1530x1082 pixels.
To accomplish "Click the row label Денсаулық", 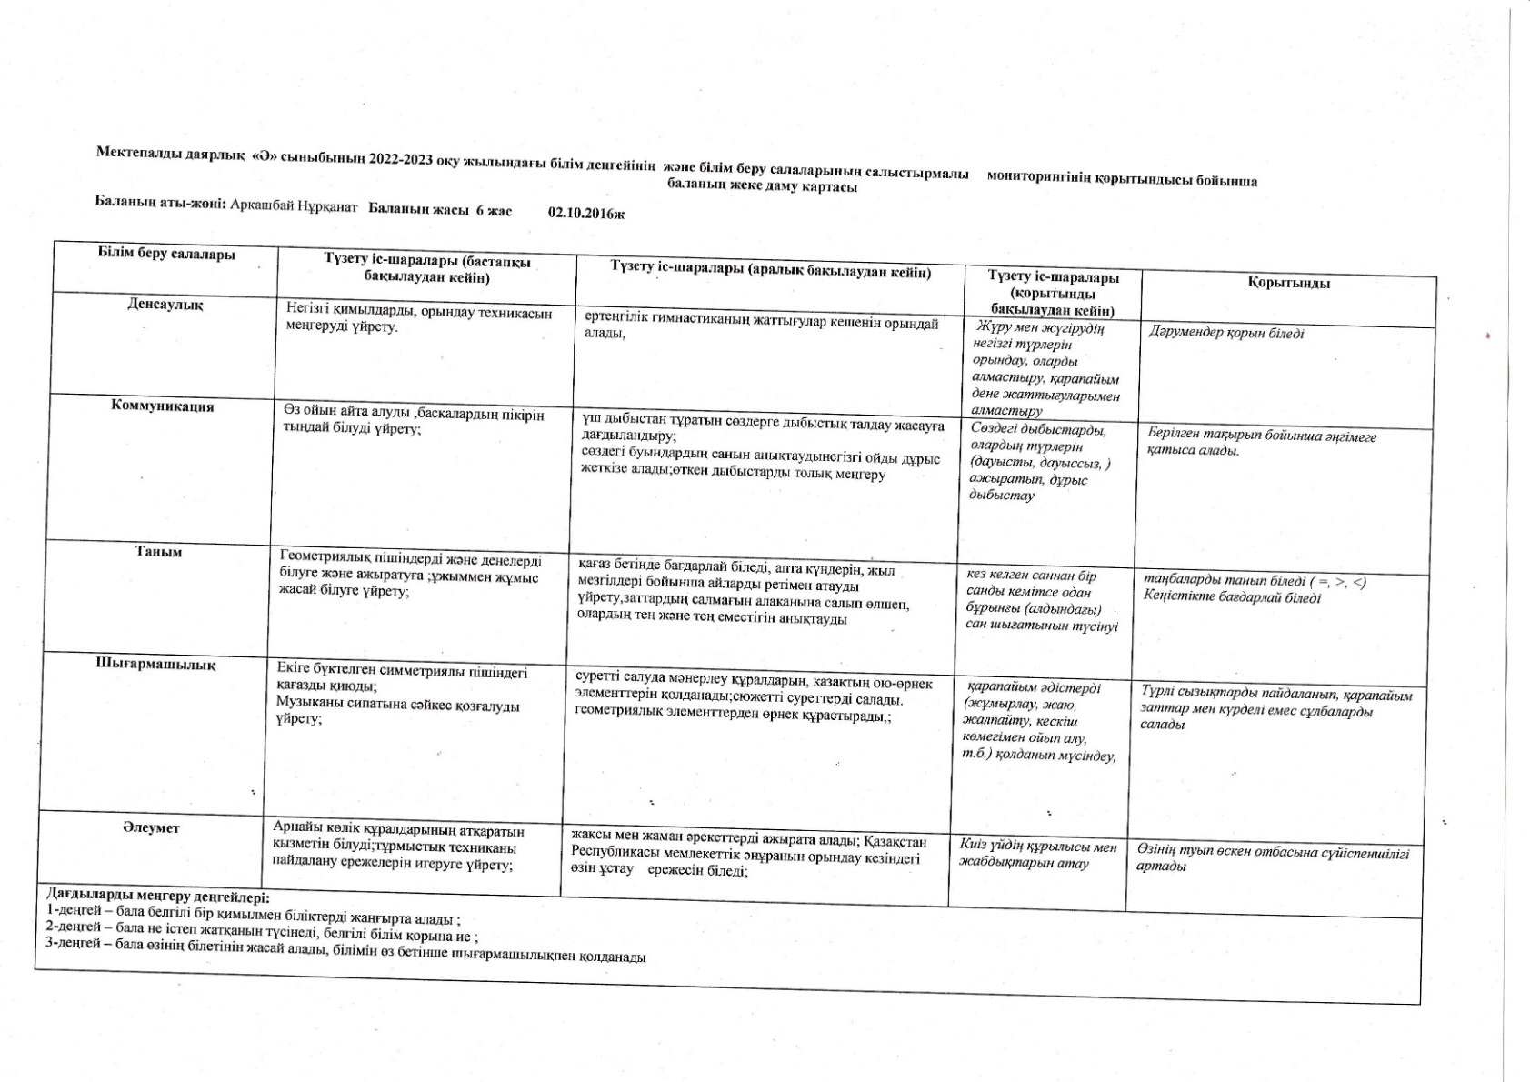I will coord(165,305).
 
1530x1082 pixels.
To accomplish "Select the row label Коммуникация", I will coord(162,406).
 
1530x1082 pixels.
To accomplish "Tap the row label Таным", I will coord(158,552).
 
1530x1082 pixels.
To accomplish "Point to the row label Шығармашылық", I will coord(155,665).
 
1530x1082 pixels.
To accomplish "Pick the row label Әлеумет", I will coord(151,828).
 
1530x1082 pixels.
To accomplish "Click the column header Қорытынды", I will coord(1288,284).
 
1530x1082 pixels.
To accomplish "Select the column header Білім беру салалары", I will coord(166,255).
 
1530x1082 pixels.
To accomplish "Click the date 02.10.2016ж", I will coord(586,213).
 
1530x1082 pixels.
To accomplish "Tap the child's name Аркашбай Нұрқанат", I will coord(295,205).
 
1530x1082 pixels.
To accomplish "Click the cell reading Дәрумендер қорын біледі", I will coord(1226,334).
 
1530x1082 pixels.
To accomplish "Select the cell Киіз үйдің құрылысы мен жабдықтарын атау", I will coord(1037,855).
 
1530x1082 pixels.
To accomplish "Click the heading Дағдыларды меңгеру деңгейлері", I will coord(152,896).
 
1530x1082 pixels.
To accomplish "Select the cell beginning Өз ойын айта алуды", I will coord(414,422).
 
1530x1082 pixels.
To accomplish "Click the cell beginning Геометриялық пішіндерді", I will coord(410,576).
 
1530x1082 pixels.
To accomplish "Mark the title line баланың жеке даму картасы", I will coord(762,186).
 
